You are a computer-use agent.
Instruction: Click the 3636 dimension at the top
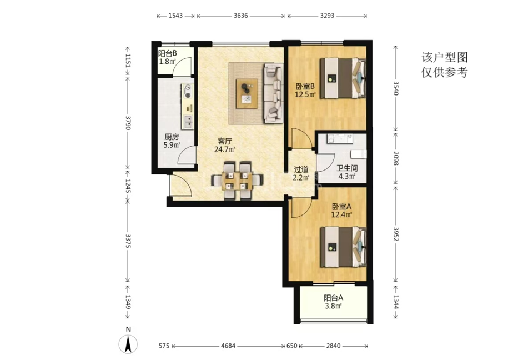pos(240,16)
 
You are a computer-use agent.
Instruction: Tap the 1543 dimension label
pos(175,16)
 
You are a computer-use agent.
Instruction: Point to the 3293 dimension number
pos(327,16)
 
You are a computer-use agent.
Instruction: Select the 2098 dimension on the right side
pos(396,158)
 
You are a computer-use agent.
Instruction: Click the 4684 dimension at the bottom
pos(228,346)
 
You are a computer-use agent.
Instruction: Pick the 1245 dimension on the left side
pos(128,186)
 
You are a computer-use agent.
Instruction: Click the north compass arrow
pos(128,344)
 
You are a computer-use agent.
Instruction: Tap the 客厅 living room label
pos(225,142)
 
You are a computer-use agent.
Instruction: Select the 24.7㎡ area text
pos(225,149)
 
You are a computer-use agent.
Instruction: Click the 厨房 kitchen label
pos(172,137)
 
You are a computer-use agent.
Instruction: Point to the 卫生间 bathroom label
pos(347,168)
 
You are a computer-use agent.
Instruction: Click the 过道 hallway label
pos(301,169)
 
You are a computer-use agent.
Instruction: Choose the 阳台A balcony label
pos(333,298)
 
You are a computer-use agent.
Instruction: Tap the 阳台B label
pos(167,53)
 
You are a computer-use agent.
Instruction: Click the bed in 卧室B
pos(343,78)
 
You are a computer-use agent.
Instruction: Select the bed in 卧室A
pos(343,247)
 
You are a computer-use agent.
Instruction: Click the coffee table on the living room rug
pos(247,93)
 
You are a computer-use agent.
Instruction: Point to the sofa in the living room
pos(273,93)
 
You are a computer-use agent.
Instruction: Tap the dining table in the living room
pos(237,181)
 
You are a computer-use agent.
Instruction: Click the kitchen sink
pos(188,122)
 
